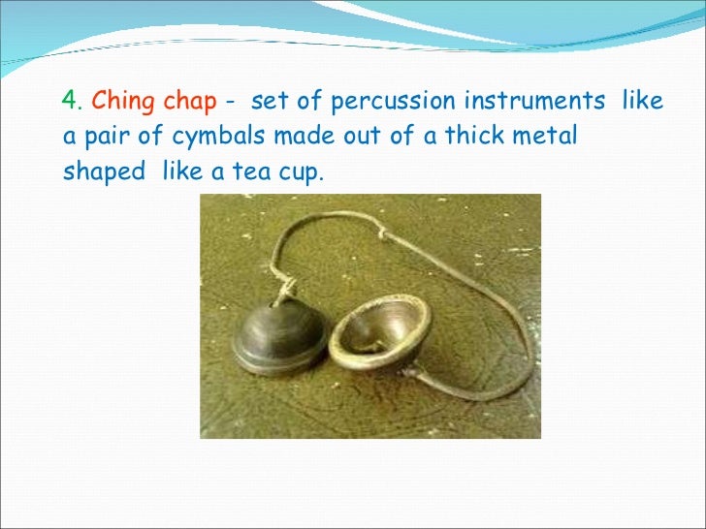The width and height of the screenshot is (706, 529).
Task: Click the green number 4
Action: point(69,101)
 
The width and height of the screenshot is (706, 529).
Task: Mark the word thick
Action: point(471,137)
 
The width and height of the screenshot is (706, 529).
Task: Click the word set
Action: point(265,101)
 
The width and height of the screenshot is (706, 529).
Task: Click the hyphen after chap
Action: point(228,102)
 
